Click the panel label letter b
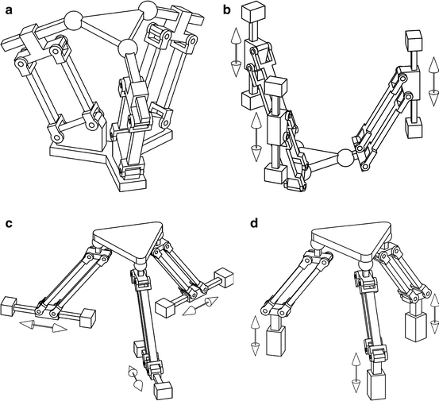pos(227,10)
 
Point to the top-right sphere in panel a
pos(147,10)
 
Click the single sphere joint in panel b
pos(345,157)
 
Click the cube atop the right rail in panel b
pos(414,40)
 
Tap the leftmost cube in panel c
pos(10,305)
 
